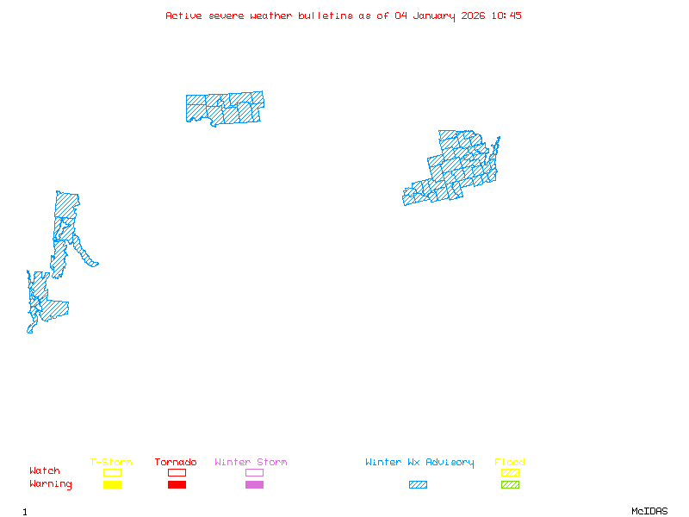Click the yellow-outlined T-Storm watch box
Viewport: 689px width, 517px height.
[112, 472]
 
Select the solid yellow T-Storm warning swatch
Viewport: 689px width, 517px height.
[112, 485]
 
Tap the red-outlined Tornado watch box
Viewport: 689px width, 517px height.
[177, 472]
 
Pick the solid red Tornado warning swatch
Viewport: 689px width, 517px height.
[177, 485]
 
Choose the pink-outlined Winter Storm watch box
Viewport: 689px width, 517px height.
[254, 472]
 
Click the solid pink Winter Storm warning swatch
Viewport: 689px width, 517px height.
[254, 485]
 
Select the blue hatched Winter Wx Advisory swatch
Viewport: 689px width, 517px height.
[418, 485]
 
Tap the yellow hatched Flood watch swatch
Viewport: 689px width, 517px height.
[510, 472]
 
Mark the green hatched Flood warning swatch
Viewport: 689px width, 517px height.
[510, 485]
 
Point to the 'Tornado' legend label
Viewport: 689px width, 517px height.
[176, 463]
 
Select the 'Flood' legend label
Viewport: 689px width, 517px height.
[509, 463]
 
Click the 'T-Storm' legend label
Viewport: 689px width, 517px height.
[111, 463]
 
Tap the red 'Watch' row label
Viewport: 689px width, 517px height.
[45, 471]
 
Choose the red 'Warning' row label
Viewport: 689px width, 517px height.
[51, 484]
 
